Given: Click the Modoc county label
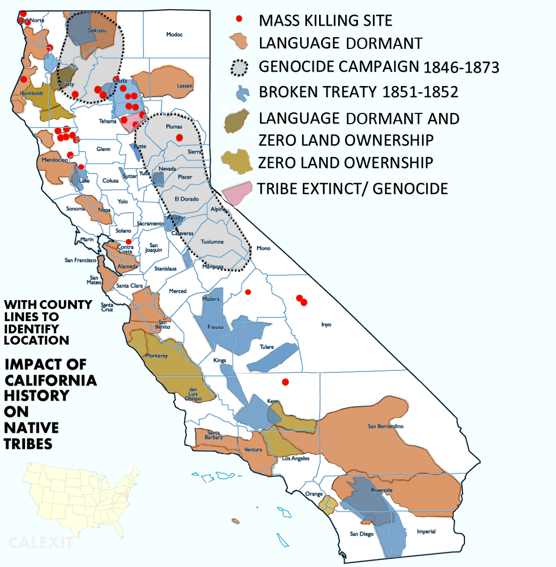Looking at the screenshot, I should (174, 35).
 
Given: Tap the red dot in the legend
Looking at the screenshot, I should (239, 19).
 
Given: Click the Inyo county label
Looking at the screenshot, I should (326, 325).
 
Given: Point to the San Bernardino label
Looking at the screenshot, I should (385, 426).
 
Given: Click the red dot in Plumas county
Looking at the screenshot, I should (180, 138).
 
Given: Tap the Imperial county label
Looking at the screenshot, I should (426, 532).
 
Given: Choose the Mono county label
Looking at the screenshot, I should (263, 248).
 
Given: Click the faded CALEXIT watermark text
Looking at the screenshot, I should (41, 543).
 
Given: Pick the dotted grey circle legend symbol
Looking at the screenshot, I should (239, 67).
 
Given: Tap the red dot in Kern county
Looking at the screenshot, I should (285, 382).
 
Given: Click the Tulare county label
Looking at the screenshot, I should (267, 347).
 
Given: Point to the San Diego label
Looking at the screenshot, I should (362, 534).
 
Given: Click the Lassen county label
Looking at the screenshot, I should (185, 86).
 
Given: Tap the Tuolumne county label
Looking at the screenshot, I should (212, 242).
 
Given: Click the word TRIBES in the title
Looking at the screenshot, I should (28, 444).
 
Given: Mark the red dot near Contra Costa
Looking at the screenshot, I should (129, 241).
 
